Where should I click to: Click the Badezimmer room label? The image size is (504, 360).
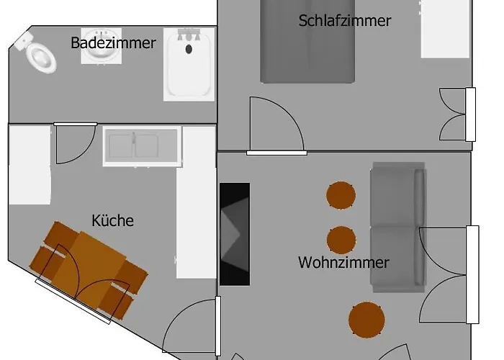point(113,42)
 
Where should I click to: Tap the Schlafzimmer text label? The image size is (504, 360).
point(345,21)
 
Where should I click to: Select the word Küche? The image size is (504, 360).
point(112,220)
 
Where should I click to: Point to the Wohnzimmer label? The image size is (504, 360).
point(343,263)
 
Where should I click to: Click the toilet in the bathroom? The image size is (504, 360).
point(37,53)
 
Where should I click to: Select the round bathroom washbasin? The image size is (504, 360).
point(102,45)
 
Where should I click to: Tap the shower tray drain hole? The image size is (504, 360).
point(189,49)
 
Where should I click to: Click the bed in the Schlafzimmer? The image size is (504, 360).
point(307,42)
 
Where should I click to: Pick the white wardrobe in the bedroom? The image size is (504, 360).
point(446,29)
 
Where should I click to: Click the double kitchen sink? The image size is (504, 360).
point(142,145)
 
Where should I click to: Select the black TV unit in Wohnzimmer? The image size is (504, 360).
point(235,234)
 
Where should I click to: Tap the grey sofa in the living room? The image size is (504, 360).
point(398,228)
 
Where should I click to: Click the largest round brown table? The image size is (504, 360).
point(366,320)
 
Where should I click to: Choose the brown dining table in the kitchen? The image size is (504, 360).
point(89,271)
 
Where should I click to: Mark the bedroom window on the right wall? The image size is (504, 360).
point(471,114)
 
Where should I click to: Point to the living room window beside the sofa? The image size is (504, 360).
point(472,274)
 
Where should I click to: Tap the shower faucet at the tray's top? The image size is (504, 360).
point(189,35)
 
